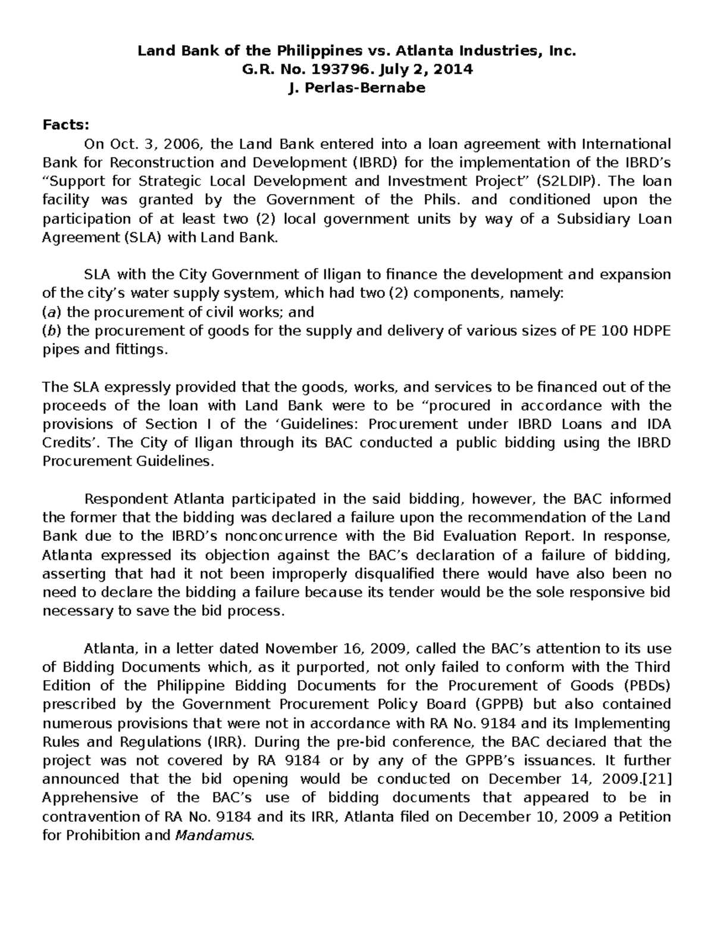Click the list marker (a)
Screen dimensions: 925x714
(49, 312)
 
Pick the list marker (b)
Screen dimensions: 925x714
(49, 331)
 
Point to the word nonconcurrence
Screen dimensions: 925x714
(268, 536)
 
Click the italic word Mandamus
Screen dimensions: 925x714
(215, 835)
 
